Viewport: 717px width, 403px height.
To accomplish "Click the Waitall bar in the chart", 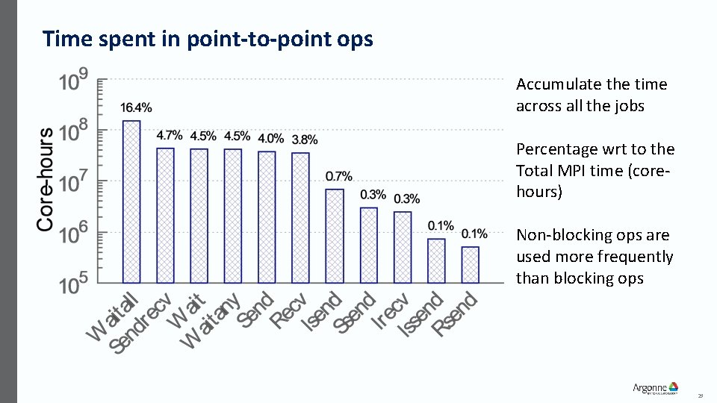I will click(131, 201).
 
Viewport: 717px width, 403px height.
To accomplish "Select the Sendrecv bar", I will click(165, 215).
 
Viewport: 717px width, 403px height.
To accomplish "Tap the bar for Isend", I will click(335, 236).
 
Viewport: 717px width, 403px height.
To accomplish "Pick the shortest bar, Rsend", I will click(470, 264).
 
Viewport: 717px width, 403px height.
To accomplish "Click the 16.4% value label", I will click(131, 108).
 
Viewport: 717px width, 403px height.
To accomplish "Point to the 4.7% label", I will click(169, 136).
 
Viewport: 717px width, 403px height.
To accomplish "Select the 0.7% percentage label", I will click(338, 177).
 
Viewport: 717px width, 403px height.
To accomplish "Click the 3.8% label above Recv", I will click(304, 140).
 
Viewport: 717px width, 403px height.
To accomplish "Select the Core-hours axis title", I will click(46, 179).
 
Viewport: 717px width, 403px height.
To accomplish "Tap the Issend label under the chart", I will click(420, 315).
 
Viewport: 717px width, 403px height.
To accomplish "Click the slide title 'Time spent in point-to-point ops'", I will click(208, 39).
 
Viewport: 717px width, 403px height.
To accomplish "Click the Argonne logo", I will click(655, 387).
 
